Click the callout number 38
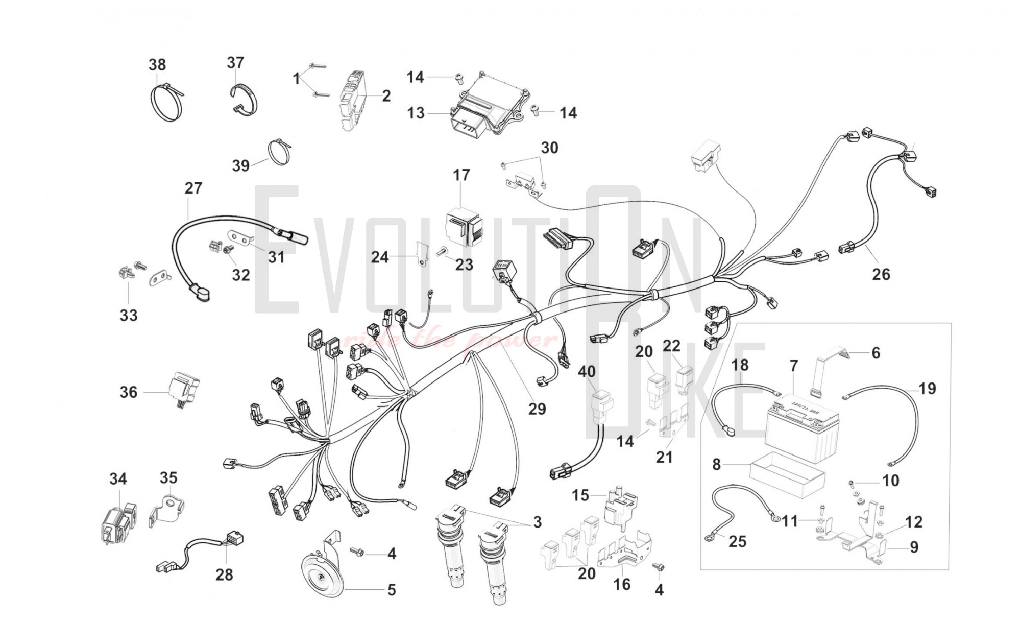(157, 65)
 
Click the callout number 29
(537, 409)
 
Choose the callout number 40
(587, 371)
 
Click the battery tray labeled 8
(786, 475)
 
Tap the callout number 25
(737, 541)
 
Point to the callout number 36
(129, 392)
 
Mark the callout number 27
(193, 188)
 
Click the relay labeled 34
(117, 523)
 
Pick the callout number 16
(622, 584)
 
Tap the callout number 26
(881, 274)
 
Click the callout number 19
(927, 389)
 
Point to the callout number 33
(129, 315)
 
